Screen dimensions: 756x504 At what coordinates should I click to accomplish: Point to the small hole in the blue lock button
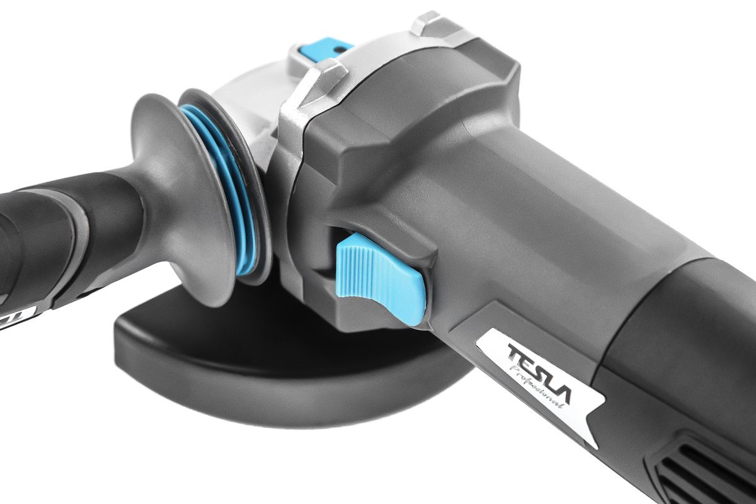click(338, 49)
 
